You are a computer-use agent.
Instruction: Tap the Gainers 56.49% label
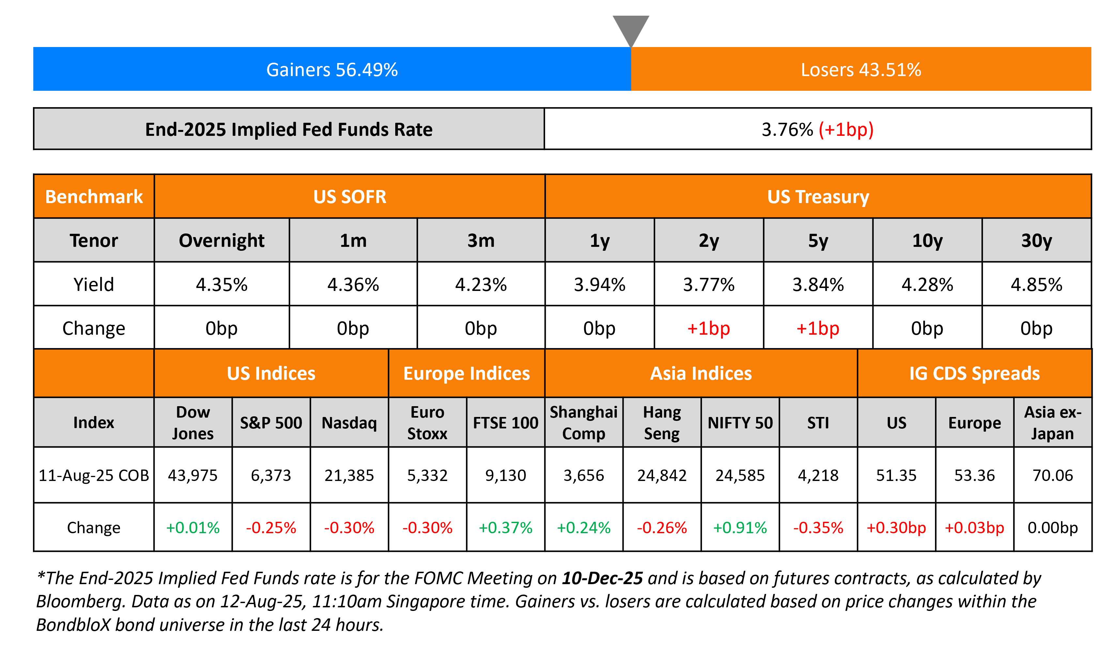332,70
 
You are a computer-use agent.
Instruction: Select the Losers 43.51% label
861,70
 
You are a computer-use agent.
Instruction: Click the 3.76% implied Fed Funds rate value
787,130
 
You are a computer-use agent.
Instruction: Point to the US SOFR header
350,197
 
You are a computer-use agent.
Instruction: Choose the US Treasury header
818,197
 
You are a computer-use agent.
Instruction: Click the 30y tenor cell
1036,241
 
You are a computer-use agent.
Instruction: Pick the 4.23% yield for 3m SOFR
481,284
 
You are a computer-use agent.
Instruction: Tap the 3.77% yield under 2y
708,284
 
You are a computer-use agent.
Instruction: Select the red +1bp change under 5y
818,328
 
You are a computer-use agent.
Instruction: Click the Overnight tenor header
221,241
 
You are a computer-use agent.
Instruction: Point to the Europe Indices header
466,374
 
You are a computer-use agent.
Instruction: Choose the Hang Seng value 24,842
662,475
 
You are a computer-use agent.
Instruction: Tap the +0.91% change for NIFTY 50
740,527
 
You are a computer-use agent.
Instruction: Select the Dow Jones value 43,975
193,475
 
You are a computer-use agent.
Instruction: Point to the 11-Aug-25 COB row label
94,475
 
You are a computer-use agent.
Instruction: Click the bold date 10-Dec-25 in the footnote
602,578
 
